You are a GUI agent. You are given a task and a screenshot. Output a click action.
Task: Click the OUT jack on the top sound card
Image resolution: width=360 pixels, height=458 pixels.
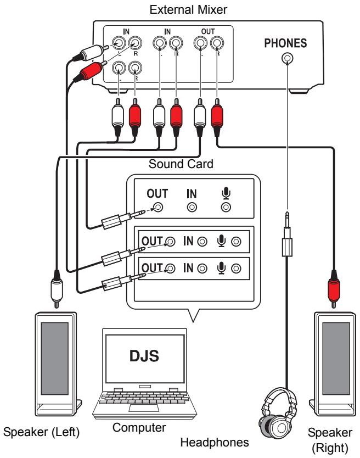coord(159,207)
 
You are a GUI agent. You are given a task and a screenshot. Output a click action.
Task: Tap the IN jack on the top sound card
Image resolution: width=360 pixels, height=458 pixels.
coord(192,207)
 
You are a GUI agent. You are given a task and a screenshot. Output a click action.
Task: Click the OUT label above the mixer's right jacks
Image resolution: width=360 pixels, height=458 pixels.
coord(208,32)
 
